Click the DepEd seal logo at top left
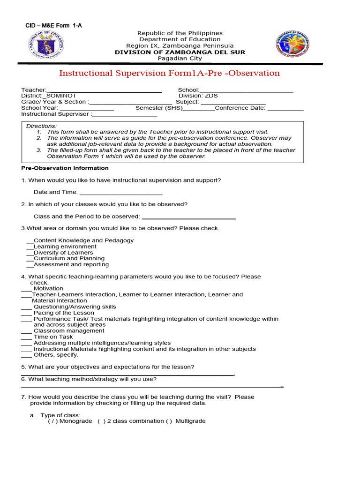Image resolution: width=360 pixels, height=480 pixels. [45, 45]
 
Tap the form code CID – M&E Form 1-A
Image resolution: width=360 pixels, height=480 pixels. [53, 26]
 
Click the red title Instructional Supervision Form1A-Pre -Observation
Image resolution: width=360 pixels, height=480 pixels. [169, 73]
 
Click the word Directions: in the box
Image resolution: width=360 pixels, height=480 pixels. [41, 126]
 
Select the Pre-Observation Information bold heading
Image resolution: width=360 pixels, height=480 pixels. [65, 168]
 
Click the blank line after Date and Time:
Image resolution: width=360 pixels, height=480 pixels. [121, 192]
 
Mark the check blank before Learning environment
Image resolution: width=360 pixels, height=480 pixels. [30, 247]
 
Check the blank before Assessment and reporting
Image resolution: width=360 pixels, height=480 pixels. [30, 265]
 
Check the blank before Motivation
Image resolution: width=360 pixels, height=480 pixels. [27, 289]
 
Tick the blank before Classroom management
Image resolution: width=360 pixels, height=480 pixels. [27, 331]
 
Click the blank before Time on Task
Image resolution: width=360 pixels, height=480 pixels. [27, 337]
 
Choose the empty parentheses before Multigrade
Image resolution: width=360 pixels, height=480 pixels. [169, 421]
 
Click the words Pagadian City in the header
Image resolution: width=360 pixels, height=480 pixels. [180, 59]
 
